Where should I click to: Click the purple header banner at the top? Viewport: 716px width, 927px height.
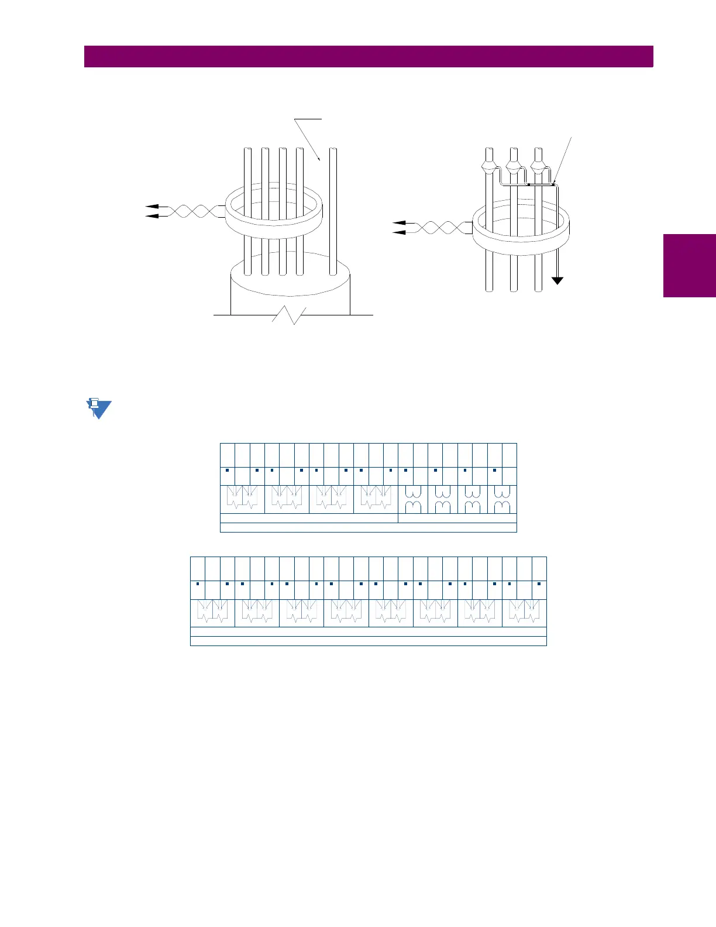click(x=369, y=57)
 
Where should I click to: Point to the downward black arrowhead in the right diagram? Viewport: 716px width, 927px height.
click(x=558, y=280)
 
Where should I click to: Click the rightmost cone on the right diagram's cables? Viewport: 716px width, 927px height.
click(x=539, y=168)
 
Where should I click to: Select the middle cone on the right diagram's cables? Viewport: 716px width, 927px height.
click(x=514, y=168)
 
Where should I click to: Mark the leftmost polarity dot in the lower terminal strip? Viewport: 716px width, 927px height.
click(x=198, y=583)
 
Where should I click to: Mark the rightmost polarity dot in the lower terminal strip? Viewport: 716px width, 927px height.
click(x=539, y=583)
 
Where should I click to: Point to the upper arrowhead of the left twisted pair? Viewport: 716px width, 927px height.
click(x=151, y=207)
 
